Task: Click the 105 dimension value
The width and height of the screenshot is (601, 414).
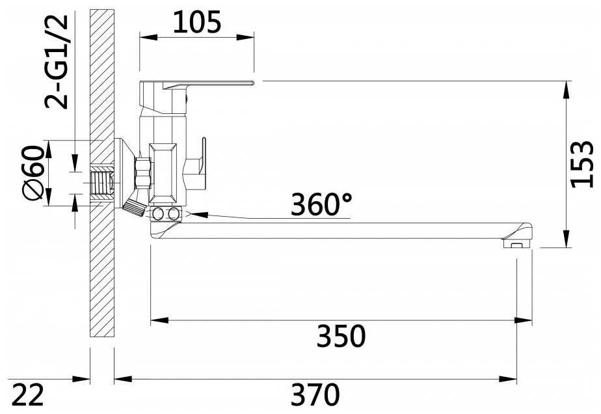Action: coord(196,22)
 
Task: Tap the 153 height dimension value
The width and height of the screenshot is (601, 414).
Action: coord(582,164)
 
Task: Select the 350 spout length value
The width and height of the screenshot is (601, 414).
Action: coord(341,336)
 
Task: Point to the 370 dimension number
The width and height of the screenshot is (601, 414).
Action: coord(315,394)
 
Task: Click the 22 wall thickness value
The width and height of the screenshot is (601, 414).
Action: coord(27,394)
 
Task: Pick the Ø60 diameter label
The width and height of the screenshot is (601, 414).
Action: coord(33,172)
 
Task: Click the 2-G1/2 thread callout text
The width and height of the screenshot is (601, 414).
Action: coord(57,62)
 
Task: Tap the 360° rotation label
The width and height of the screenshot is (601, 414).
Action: coord(321,204)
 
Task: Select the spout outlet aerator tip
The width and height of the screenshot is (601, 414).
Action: coord(517,243)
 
